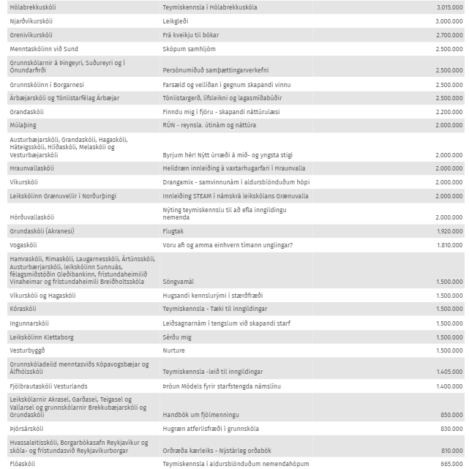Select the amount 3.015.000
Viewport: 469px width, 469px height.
coord(449,7)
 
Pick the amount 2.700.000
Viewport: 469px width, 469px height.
coord(449,34)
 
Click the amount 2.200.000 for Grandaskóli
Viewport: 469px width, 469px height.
coord(449,111)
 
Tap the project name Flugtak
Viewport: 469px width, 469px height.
coord(174,231)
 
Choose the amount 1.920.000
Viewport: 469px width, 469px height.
coord(449,231)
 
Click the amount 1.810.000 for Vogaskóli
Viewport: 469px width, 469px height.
coord(449,244)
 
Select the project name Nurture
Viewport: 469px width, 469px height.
coord(174,350)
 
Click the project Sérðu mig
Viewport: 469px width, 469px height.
coord(176,337)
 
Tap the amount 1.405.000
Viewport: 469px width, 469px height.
coord(449,372)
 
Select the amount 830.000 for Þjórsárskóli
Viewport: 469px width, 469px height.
coord(451,428)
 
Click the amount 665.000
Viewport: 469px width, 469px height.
coord(451,464)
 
